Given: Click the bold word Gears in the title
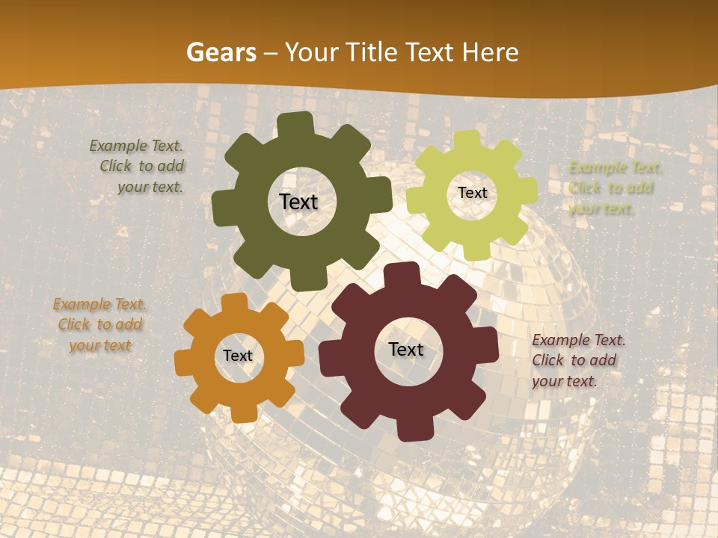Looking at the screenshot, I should pos(221,52).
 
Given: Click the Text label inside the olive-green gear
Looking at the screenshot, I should pos(298,202).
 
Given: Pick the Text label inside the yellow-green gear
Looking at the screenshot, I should pos(472,193).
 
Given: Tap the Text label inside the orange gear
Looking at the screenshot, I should pos(238,356).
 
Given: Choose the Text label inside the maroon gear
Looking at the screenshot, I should pos(406,349).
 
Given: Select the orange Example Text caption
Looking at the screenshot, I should pos(99,325).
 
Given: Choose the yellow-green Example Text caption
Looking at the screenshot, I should pos(613,188).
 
